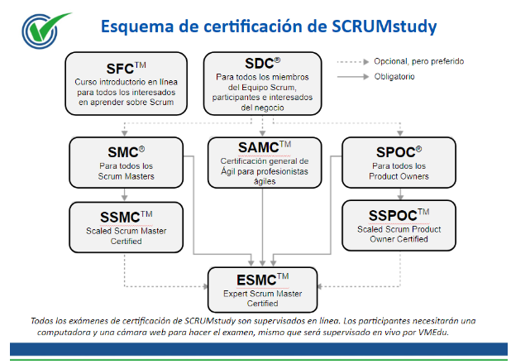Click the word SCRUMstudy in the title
(x=384, y=26)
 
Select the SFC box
(x=127, y=84)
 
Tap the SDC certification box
(x=262, y=84)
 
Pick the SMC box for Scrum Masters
(x=127, y=162)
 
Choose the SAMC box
(x=265, y=162)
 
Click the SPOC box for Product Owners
(x=399, y=162)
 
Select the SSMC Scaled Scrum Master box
(x=127, y=227)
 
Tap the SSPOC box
(x=399, y=225)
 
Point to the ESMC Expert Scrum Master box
(x=262, y=290)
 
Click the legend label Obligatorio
(x=394, y=77)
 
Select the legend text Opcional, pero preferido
(x=418, y=61)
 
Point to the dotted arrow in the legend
(x=353, y=62)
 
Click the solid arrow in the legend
(x=353, y=77)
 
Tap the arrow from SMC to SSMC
(x=124, y=194)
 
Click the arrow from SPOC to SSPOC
(x=400, y=194)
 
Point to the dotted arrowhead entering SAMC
(x=262, y=133)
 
